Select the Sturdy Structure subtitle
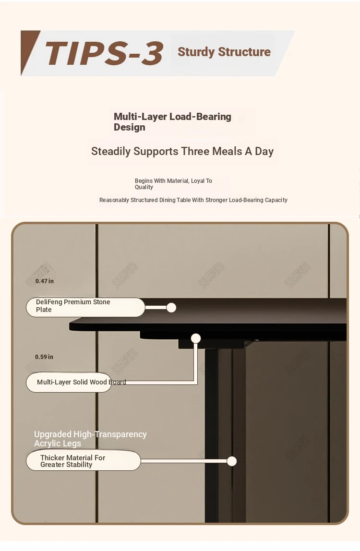coord(224,52)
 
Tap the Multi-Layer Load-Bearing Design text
coord(172,122)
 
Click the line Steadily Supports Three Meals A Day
coord(182,151)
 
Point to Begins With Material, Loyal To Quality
coord(173,184)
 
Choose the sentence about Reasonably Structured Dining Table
coord(193,200)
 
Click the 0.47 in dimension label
coord(45,281)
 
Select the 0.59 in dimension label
coord(44,357)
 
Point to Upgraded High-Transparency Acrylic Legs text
coord(90,439)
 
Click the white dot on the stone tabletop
coord(171,308)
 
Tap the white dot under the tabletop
coord(196,338)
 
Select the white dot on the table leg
coord(232,461)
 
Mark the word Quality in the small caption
coord(144,187)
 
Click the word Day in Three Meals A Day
coord(264,151)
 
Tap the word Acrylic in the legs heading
coord(50,443)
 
